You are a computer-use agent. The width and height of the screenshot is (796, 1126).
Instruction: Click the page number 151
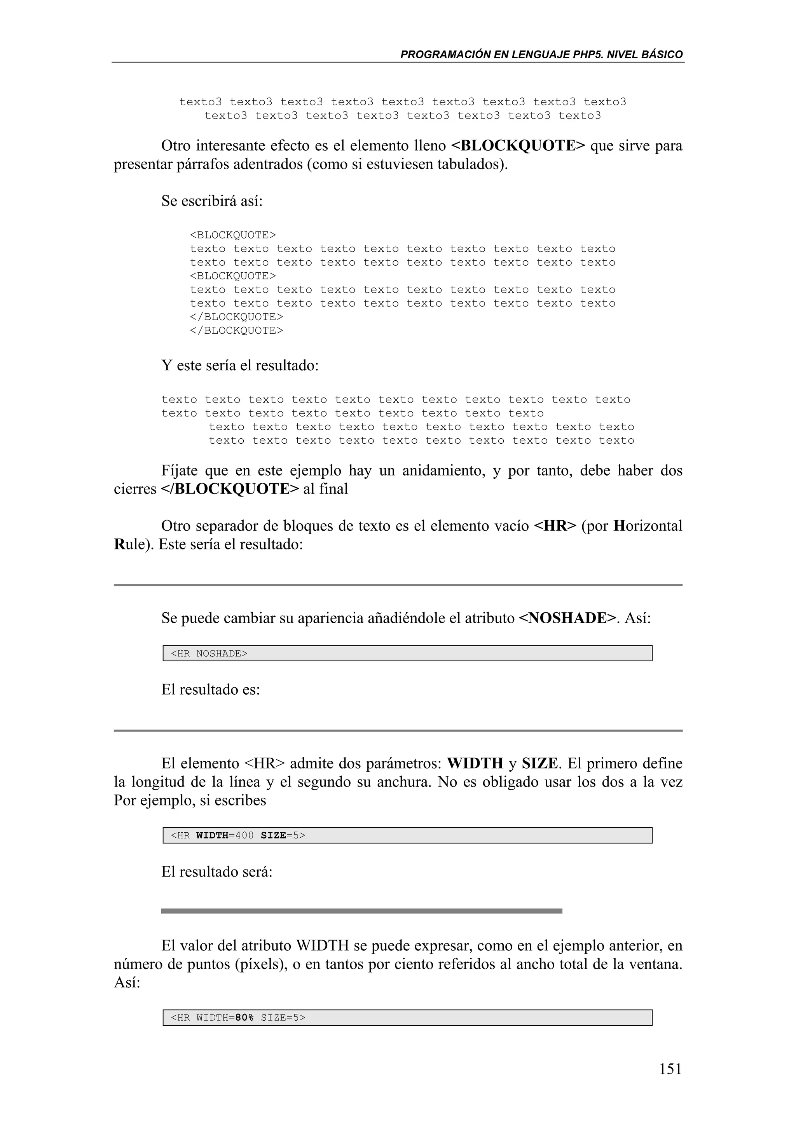(x=670, y=1068)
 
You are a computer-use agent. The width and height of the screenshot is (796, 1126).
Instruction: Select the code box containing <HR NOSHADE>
(x=407, y=653)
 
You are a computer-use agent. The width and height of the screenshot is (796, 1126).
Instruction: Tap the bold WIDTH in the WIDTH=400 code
(x=212, y=835)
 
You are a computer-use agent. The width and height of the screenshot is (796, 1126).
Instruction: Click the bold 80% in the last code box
(x=244, y=1017)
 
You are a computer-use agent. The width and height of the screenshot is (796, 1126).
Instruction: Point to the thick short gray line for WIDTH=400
(x=361, y=911)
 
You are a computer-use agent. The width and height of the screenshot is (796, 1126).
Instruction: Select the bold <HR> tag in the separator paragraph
(x=555, y=526)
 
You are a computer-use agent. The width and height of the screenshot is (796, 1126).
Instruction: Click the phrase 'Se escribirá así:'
(x=212, y=201)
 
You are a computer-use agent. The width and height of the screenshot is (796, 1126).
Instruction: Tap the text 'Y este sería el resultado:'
(x=240, y=365)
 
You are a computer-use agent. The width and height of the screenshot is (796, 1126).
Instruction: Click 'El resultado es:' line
(x=210, y=690)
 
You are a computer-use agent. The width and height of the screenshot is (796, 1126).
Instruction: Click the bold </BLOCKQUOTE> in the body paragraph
(x=230, y=489)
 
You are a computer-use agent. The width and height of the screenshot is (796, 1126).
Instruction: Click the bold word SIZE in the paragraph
(x=539, y=763)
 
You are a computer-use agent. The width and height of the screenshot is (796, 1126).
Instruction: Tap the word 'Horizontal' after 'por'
(x=648, y=526)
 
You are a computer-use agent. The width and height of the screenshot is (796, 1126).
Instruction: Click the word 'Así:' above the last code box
(x=127, y=982)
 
